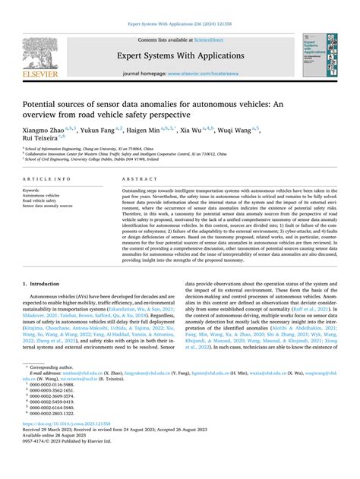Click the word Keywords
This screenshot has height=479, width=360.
[33, 190]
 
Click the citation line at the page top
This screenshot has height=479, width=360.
[180, 7]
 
